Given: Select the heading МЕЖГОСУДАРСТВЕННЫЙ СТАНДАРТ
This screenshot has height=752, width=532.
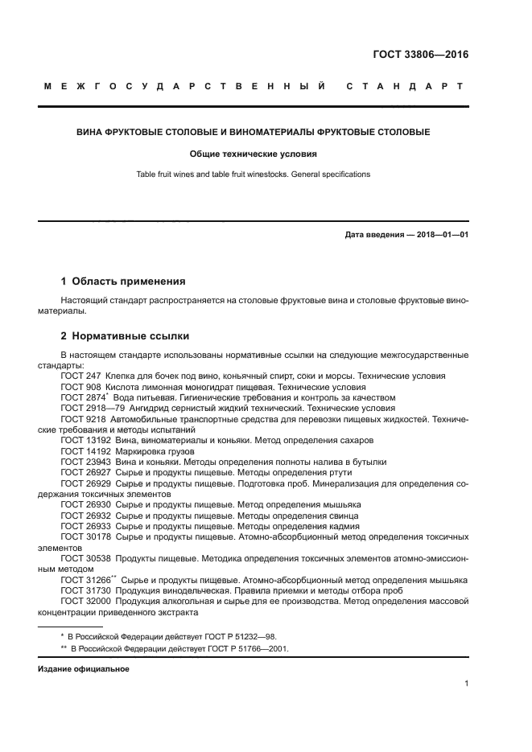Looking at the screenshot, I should [x=254, y=86].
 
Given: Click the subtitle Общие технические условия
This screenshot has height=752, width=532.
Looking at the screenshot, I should [x=254, y=153].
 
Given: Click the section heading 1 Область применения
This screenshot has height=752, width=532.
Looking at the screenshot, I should [x=123, y=281].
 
